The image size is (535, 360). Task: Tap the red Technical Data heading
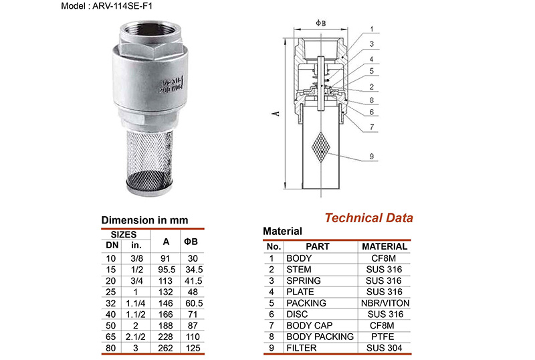coord(368,217)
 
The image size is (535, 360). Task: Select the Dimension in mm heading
coord(144,219)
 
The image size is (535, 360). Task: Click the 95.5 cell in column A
coord(166,269)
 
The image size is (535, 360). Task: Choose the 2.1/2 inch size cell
coord(136,337)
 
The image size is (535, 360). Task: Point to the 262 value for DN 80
coord(166,349)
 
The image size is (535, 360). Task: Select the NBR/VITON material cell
coord(384,302)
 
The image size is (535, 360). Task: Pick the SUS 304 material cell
coord(384,349)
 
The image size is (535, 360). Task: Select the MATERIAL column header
coord(384,246)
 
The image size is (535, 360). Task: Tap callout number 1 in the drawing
coord(371,30)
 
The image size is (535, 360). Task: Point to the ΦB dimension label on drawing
coord(320,23)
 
